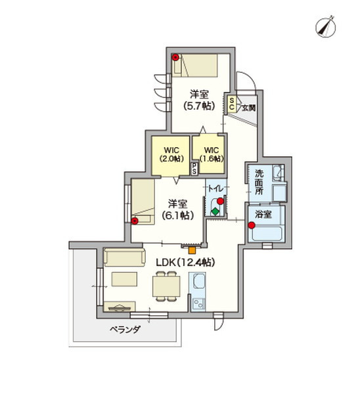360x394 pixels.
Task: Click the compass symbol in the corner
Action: [x=325, y=26]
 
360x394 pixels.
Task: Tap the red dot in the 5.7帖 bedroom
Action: [x=176, y=58]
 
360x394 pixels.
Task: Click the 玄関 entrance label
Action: [x=248, y=108]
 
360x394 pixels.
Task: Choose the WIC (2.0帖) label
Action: [x=171, y=154]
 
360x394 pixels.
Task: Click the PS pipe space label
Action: [x=194, y=168]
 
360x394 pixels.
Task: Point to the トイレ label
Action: [x=215, y=188]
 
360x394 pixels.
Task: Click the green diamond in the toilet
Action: [x=215, y=211]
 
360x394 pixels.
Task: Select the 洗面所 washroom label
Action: [x=259, y=184]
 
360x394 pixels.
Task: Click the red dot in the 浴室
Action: [x=252, y=226]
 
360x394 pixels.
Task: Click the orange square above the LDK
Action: [x=192, y=249]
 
